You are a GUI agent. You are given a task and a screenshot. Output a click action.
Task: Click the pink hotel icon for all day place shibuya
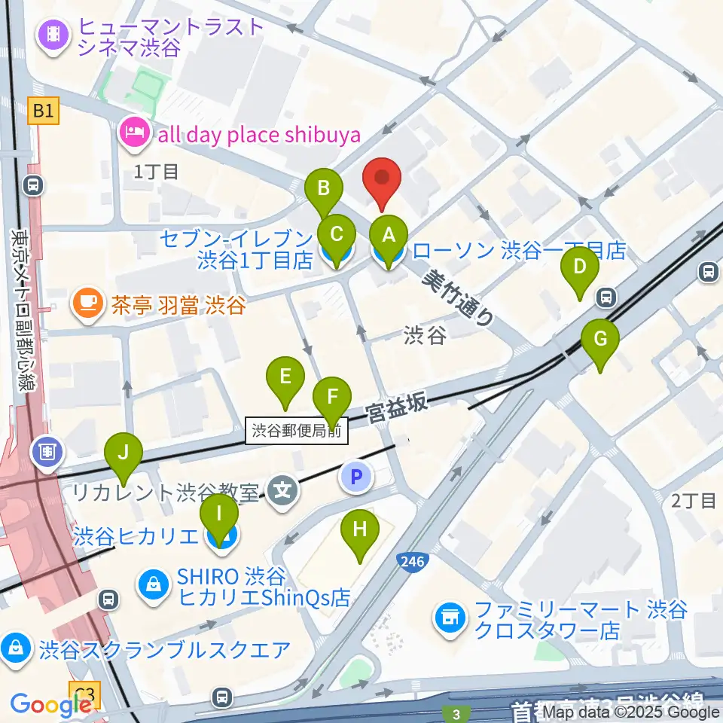tap(133, 135)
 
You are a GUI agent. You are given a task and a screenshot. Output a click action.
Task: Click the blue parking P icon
tap(357, 476)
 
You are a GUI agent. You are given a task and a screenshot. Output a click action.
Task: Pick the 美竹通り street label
tap(458, 297)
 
